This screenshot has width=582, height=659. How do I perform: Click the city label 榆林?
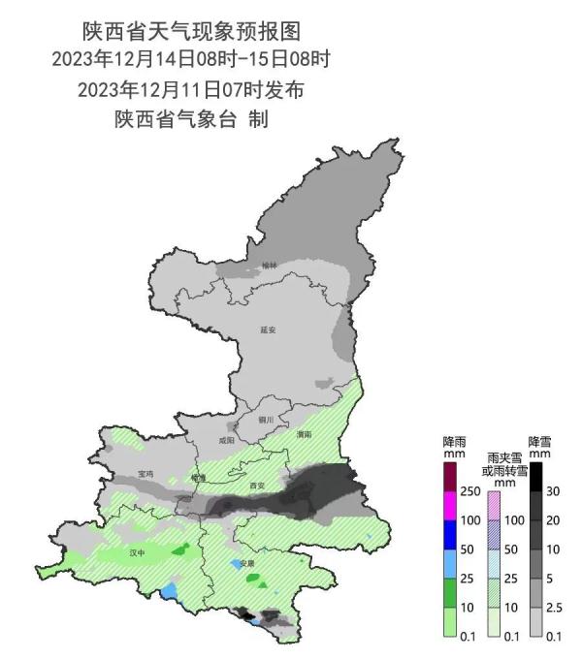click(x=269, y=266)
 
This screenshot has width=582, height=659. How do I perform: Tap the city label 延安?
click(x=269, y=329)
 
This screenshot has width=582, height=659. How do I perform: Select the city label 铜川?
click(x=266, y=420)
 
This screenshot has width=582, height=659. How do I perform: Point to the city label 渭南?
click(x=305, y=434)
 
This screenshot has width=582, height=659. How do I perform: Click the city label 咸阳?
click(x=227, y=440)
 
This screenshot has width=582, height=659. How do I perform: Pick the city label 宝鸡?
click(x=145, y=473)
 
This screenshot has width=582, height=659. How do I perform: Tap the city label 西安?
click(x=257, y=485)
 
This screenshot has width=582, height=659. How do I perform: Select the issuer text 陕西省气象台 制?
click(x=192, y=120)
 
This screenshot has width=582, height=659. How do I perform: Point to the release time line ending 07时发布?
click(x=192, y=90)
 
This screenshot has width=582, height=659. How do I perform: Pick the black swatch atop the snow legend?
click(x=535, y=476)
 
